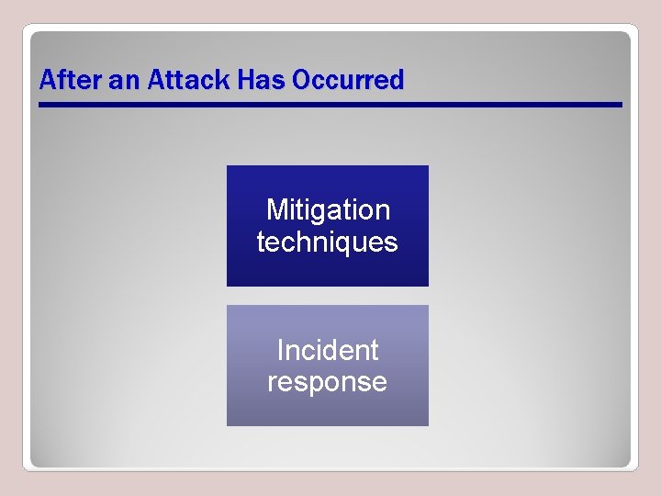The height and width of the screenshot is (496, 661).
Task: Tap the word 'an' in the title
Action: point(122,81)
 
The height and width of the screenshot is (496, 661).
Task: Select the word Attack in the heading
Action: point(186,81)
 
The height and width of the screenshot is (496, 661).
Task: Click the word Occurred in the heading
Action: point(347,81)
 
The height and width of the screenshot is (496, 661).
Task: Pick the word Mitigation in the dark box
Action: point(328,210)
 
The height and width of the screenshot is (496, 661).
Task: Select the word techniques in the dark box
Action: point(327,242)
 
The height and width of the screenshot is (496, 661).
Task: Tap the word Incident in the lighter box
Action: point(327,350)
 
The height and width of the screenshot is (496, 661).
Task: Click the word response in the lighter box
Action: point(327,381)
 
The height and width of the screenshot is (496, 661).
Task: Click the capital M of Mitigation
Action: point(275,210)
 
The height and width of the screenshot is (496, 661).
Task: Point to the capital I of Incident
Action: point(279,350)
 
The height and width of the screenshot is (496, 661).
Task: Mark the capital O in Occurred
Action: point(300,81)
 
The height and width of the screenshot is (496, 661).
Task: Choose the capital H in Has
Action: point(244,81)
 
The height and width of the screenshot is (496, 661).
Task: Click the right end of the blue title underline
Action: point(621,105)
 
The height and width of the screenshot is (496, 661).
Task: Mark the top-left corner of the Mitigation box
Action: point(228,166)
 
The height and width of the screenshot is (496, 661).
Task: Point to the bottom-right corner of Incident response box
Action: point(428,425)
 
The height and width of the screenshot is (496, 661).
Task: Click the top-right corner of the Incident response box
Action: point(428,306)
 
